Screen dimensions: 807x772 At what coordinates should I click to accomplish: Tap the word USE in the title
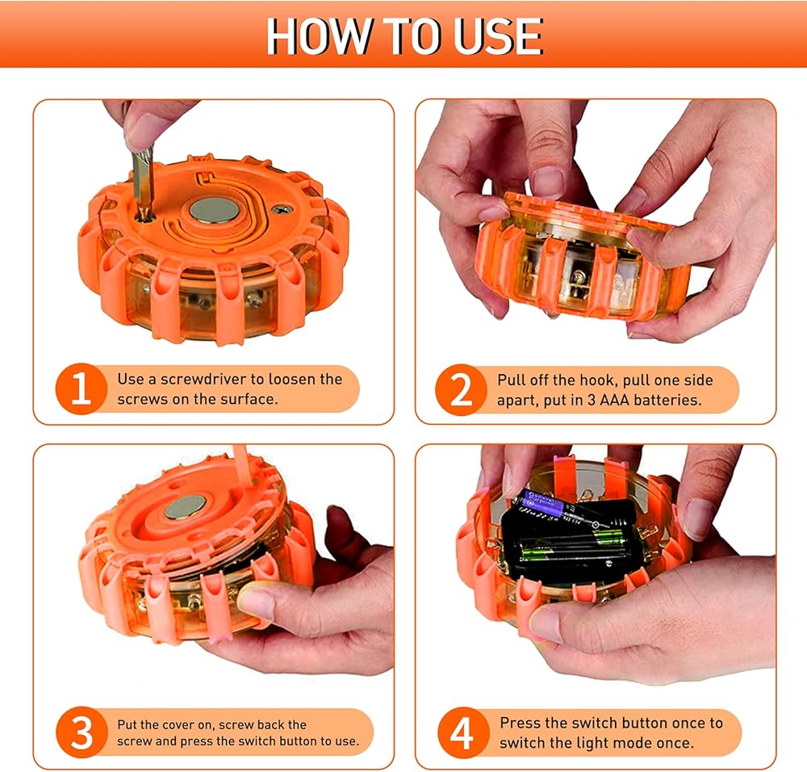(x=497, y=36)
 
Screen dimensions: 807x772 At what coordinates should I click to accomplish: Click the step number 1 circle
(x=81, y=389)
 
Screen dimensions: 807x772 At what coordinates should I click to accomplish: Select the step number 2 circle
(x=461, y=389)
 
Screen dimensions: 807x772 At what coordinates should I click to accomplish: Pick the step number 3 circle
(x=82, y=732)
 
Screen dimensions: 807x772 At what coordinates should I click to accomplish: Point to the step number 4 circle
(x=462, y=732)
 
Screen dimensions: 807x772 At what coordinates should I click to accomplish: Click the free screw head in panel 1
(x=281, y=210)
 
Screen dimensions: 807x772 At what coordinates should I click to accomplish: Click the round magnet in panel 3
(x=186, y=507)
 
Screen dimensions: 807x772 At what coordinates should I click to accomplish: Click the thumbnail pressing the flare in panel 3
(x=256, y=603)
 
